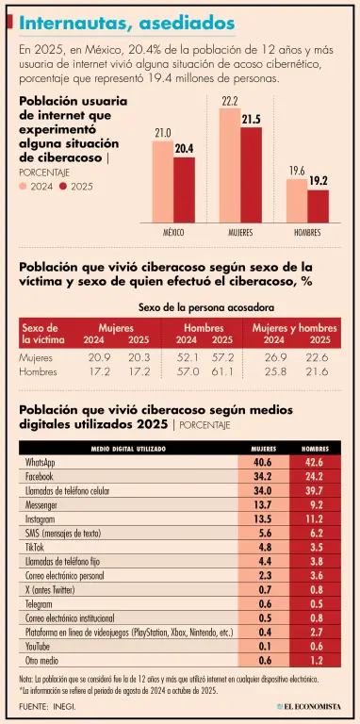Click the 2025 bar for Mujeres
(x=251, y=175)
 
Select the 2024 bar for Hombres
(x=297, y=201)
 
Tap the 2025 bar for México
(x=184, y=190)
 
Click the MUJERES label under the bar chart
(x=240, y=233)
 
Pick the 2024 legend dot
(x=23, y=187)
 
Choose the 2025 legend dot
(x=64, y=187)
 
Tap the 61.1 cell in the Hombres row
(x=223, y=371)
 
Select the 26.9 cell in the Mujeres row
(x=273, y=357)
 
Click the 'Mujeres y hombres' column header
(x=294, y=328)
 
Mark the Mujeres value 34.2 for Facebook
(x=264, y=475)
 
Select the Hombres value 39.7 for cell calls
(x=315, y=489)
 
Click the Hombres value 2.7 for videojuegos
(x=315, y=633)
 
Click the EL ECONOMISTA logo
(x=309, y=706)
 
